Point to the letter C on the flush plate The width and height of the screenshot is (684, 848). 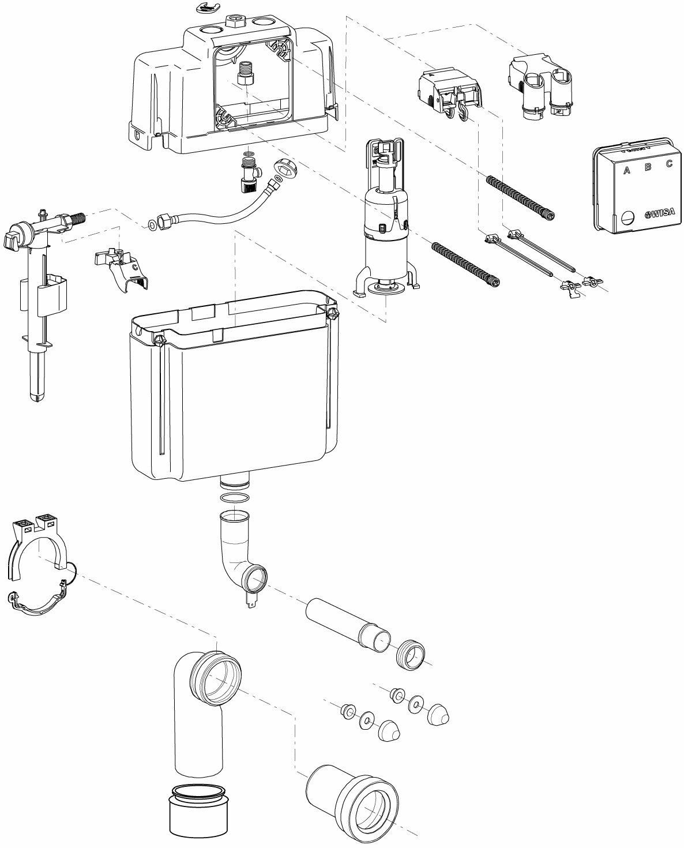click(669, 163)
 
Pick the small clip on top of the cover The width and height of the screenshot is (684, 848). click(205, 7)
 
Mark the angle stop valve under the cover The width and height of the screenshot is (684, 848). click(249, 172)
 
